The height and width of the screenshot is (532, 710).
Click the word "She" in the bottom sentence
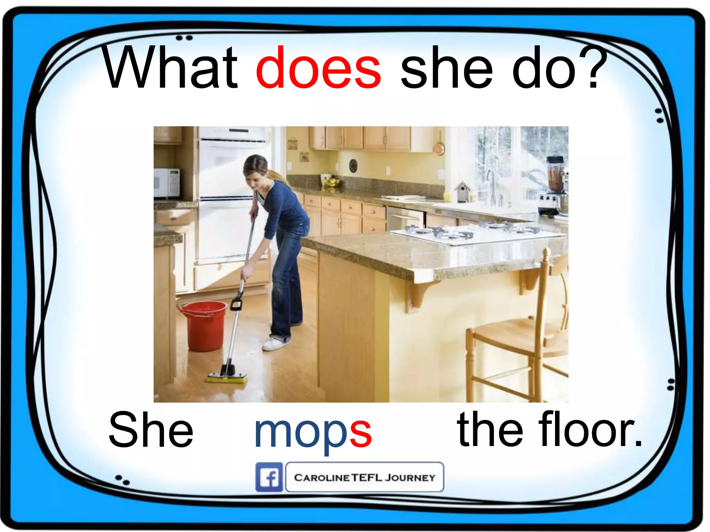(x=150, y=429)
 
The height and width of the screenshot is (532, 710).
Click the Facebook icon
(x=269, y=477)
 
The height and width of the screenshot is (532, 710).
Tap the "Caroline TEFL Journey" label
(x=364, y=477)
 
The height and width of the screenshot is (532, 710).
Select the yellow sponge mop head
(x=227, y=378)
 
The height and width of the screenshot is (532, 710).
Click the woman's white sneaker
(x=275, y=344)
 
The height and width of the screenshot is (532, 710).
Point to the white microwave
(x=166, y=183)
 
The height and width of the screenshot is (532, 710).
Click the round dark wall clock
(x=353, y=166)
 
